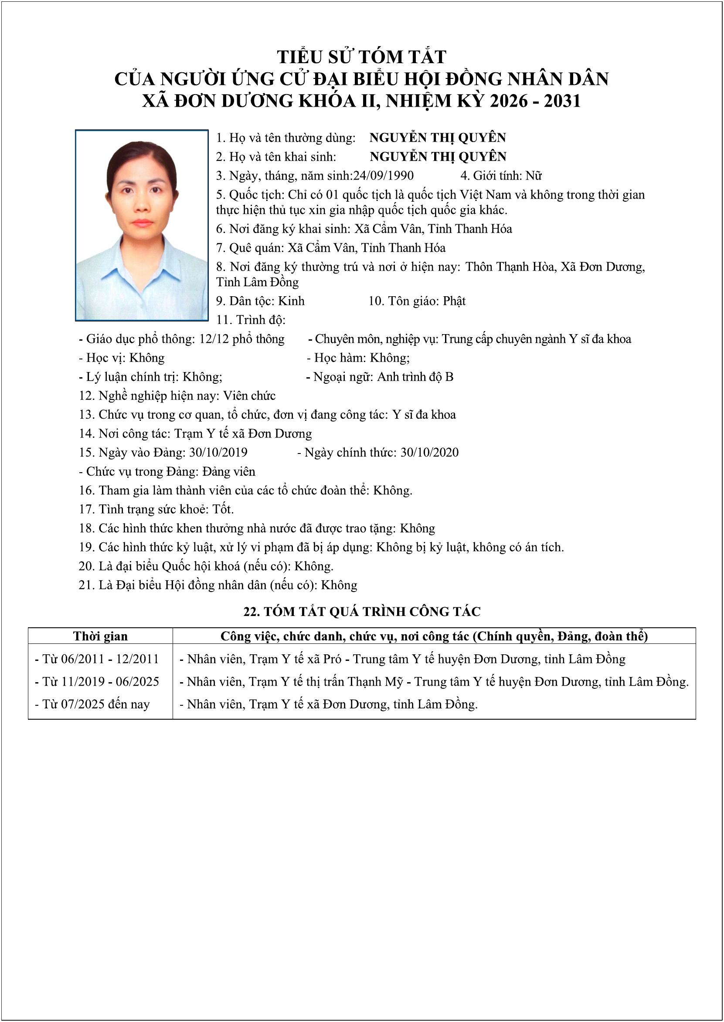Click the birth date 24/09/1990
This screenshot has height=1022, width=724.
384,176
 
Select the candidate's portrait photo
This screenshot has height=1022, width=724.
142,225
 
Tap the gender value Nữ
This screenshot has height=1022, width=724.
533,176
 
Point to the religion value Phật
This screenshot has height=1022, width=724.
454,301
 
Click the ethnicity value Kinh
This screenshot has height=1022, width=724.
291,301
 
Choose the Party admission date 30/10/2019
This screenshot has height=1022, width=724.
218,453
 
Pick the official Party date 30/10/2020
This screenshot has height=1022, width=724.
429,453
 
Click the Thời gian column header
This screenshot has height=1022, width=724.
100,636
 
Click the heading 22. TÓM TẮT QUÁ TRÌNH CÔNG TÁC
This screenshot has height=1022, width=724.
362,612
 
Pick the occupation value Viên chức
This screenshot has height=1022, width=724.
249,396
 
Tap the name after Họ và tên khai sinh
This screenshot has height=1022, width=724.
438,157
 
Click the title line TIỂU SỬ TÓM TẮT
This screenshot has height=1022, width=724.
361,57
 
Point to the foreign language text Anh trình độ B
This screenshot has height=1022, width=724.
415,377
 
